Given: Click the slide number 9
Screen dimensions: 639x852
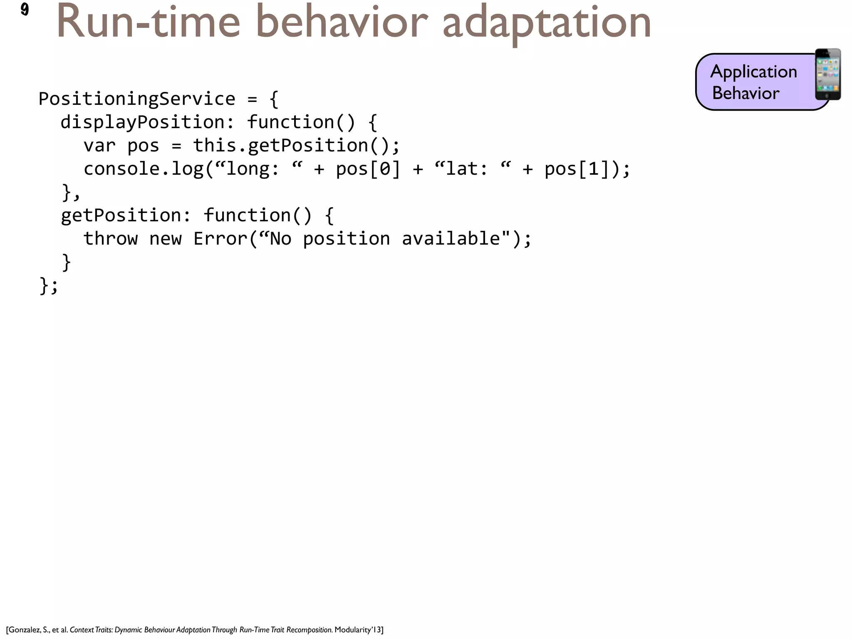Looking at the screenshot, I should [25, 9].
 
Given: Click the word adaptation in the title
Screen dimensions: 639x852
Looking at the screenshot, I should [546, 23].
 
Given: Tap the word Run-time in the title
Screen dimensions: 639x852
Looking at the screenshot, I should [148, 23].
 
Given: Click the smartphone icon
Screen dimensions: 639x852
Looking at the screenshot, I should [827, 74].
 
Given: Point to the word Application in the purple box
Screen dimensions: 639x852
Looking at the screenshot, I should [753, 72].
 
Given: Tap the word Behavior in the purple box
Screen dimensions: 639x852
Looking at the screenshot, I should [745, 93].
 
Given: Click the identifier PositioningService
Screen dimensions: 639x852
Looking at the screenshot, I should [137, 99].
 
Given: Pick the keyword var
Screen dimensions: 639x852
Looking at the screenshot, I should [99, 146].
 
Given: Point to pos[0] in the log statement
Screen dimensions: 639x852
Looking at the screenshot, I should [368, 169].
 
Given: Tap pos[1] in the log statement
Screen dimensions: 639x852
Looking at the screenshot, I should [576, 169].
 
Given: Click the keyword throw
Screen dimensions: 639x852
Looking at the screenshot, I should [110, 239].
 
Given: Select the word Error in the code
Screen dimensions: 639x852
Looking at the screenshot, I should [220, 239].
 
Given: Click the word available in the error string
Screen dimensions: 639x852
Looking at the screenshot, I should [451, 239].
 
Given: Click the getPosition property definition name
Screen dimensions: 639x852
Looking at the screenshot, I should [121, 215].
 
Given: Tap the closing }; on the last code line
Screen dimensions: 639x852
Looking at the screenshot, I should [48, 286].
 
